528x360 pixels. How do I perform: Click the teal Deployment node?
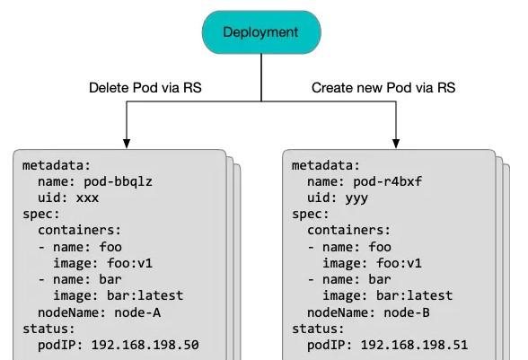[x=261, y=32]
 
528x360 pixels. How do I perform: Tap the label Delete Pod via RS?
[x=145, y=88]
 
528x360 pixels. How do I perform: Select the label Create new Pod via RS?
[x=383, y=88]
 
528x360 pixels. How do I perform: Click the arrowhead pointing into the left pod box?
[x=127, y=143]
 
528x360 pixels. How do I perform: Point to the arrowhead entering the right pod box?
[x=396, y=143]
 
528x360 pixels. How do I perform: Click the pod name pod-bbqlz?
[x=118, y=182]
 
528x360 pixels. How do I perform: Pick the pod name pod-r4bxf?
[x=387, y=182]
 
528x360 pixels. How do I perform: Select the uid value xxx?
[x=88, y=198]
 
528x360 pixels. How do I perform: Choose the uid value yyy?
[x=356, y=198]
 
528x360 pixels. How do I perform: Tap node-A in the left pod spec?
[x=137, y=312]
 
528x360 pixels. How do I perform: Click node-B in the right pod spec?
[x=407, y=312]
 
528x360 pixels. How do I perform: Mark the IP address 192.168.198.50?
[x=145, y=345]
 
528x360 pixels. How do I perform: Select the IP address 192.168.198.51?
[x=415, y=345]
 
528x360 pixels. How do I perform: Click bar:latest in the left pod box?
[x=145, y=295]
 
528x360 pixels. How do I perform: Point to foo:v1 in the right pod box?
[x=399, y=263]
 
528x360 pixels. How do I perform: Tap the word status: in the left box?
[x=48, y=329]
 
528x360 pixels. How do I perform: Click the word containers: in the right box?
[x=348, y=231]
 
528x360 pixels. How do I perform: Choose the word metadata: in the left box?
[x=57, y=166]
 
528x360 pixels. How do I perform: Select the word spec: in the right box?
[x=311, y=215]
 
